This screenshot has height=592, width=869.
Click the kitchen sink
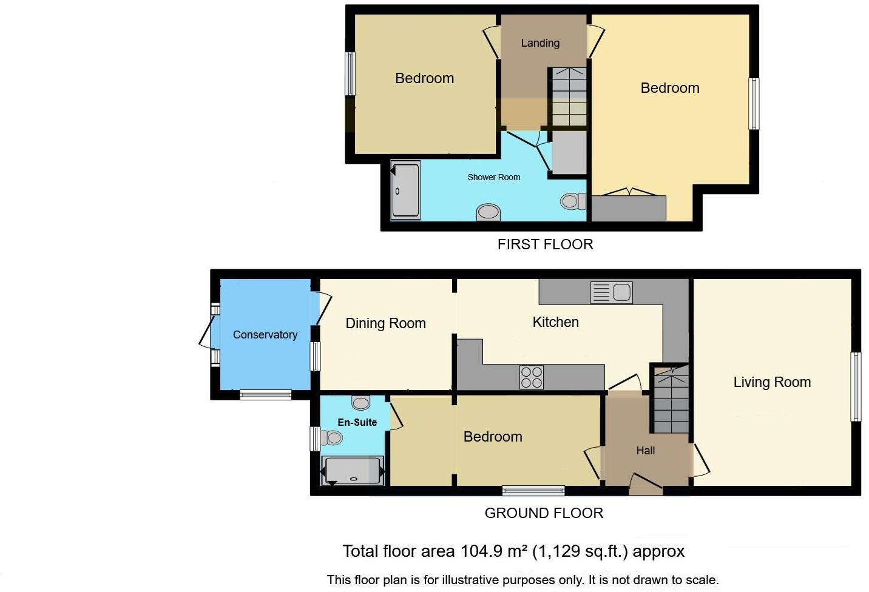pos(612,292)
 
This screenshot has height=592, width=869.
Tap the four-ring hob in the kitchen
pos(532,377)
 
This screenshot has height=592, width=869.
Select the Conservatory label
pos(265,335)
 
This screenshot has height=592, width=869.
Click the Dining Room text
pos(385,323)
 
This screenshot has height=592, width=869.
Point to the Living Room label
pos(772,382)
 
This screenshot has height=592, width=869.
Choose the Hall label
pos(646,451)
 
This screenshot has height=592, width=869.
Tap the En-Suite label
pos(357,422)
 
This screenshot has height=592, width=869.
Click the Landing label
pos(540,43)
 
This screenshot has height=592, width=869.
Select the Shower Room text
pos(493,177)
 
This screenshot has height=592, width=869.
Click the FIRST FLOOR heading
pos(545,244)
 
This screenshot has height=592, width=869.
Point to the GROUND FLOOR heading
pos(544,513)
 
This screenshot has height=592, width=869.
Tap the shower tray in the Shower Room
pos(405,190)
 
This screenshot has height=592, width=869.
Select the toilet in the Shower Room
pos(573,201)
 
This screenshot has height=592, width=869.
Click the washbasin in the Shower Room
pos(488,212)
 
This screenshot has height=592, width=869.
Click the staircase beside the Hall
pos(671,400)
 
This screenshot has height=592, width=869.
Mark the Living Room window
pos(856,387)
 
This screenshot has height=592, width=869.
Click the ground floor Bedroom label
pos(493,437)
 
